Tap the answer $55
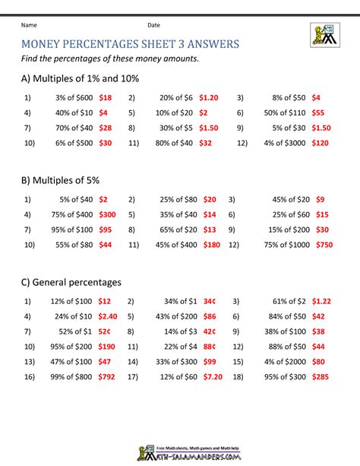(319, 113)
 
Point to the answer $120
(321, 142)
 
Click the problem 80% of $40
(174, 142)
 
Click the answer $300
(107, 215)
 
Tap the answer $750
(324, 245)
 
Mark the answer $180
(212, 245)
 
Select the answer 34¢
(209, 301)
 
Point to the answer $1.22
(322, 301)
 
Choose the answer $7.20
(210, 376)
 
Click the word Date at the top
(153, 25)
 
